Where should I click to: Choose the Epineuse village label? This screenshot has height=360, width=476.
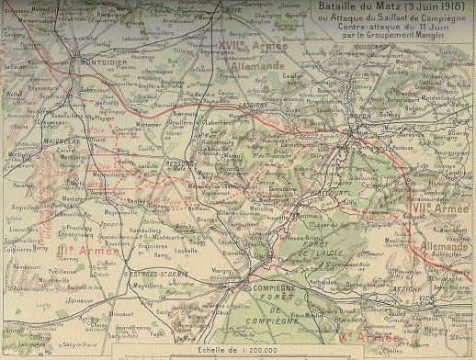pos(81,298)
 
